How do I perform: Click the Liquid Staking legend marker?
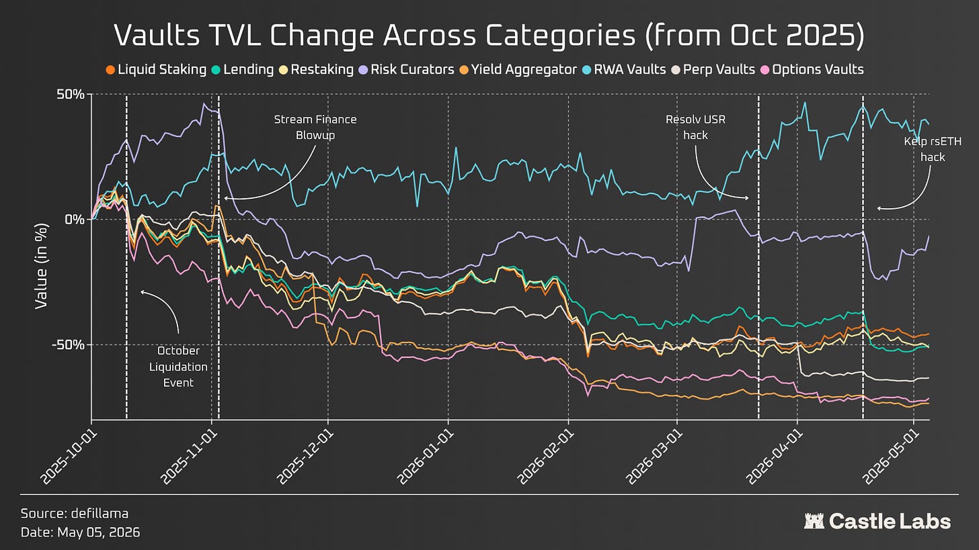coord(110,70)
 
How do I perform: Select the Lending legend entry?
coord(243,70)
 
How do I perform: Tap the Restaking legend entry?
coord(316,70)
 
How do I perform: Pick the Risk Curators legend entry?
coord(406,70)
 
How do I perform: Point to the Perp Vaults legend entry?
coord(713,70)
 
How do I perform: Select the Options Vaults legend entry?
coord(812,70)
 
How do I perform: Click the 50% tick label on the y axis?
coord(71,94)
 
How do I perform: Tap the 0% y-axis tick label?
coord(74,220)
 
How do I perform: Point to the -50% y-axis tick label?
coord(68,345)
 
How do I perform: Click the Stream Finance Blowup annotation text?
coord(315,128)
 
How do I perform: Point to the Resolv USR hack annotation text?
coord(695,128)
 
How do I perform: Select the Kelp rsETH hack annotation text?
coord(933,149)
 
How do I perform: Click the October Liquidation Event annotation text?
coord(178,367)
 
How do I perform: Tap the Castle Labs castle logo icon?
coord(814,521)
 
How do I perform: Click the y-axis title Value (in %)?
coord(42,266)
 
